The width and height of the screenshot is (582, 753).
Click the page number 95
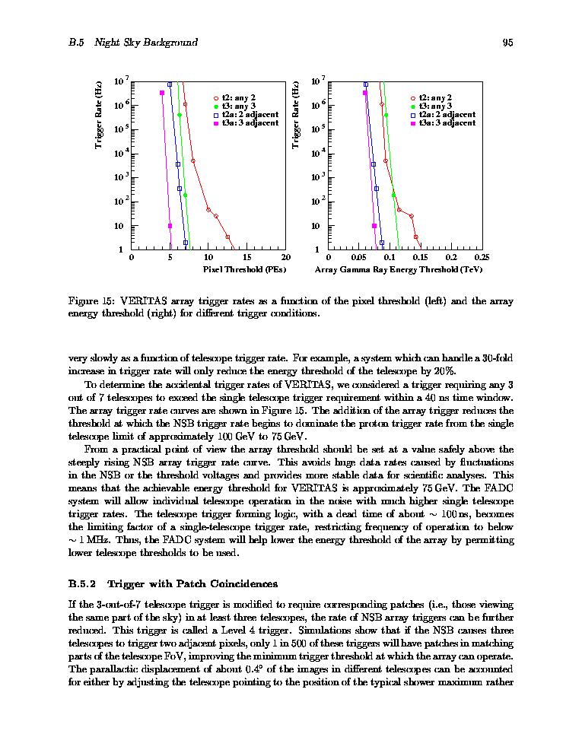click(x=507, y=43)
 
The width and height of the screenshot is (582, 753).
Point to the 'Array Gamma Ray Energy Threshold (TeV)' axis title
click(x=399, y=269)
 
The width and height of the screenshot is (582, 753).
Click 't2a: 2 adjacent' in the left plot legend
click(x=249, y=114)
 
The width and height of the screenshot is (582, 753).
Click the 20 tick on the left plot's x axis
click(x=285, y=257)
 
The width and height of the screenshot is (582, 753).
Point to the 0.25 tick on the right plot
click(x=481, y=257)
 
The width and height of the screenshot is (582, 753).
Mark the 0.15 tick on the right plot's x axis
click(x=420, y=257)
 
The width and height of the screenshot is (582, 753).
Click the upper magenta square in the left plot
click(x=162, y=93)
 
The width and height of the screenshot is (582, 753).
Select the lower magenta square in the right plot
click(x=374, y=226)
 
